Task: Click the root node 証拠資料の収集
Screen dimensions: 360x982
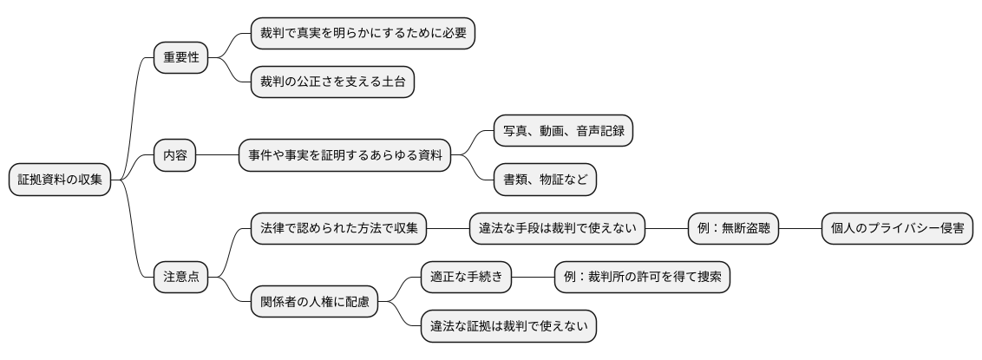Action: point(60,180)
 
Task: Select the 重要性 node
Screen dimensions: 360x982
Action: point(181,58)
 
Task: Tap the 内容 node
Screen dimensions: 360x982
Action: point(175,156)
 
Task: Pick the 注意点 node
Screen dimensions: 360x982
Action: point(181,278)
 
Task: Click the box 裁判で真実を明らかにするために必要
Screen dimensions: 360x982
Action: point(363,34)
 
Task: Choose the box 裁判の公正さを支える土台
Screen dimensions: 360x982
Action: point(332,82)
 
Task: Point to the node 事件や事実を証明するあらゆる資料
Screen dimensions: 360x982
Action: point(345,156)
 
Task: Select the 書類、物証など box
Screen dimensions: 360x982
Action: point(545,180)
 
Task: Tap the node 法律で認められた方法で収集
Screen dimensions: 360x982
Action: point(339,229)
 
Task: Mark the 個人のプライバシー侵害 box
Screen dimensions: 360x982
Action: point(897,229)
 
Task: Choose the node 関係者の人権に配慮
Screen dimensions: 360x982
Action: point(314,302)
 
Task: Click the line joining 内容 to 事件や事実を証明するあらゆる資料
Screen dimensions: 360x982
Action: point(218,156)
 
